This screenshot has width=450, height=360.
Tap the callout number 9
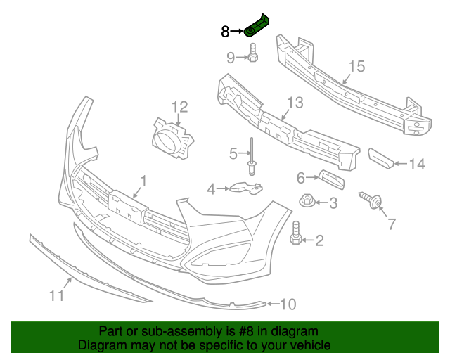(231, 57)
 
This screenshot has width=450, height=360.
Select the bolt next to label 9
(253, 53)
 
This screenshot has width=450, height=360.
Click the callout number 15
(356, 67)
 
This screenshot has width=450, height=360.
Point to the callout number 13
(295, 103)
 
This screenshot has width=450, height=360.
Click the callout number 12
(180, 107)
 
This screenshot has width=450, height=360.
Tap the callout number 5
(233, 153)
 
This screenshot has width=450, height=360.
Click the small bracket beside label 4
(245, 188)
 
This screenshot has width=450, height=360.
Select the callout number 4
(211, 188)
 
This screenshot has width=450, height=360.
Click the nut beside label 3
(307, 202)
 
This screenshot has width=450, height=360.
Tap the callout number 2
(319, 241)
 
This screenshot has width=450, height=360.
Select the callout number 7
(392, 224)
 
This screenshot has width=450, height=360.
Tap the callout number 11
(57, 296)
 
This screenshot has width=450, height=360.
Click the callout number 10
(288, 304)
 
